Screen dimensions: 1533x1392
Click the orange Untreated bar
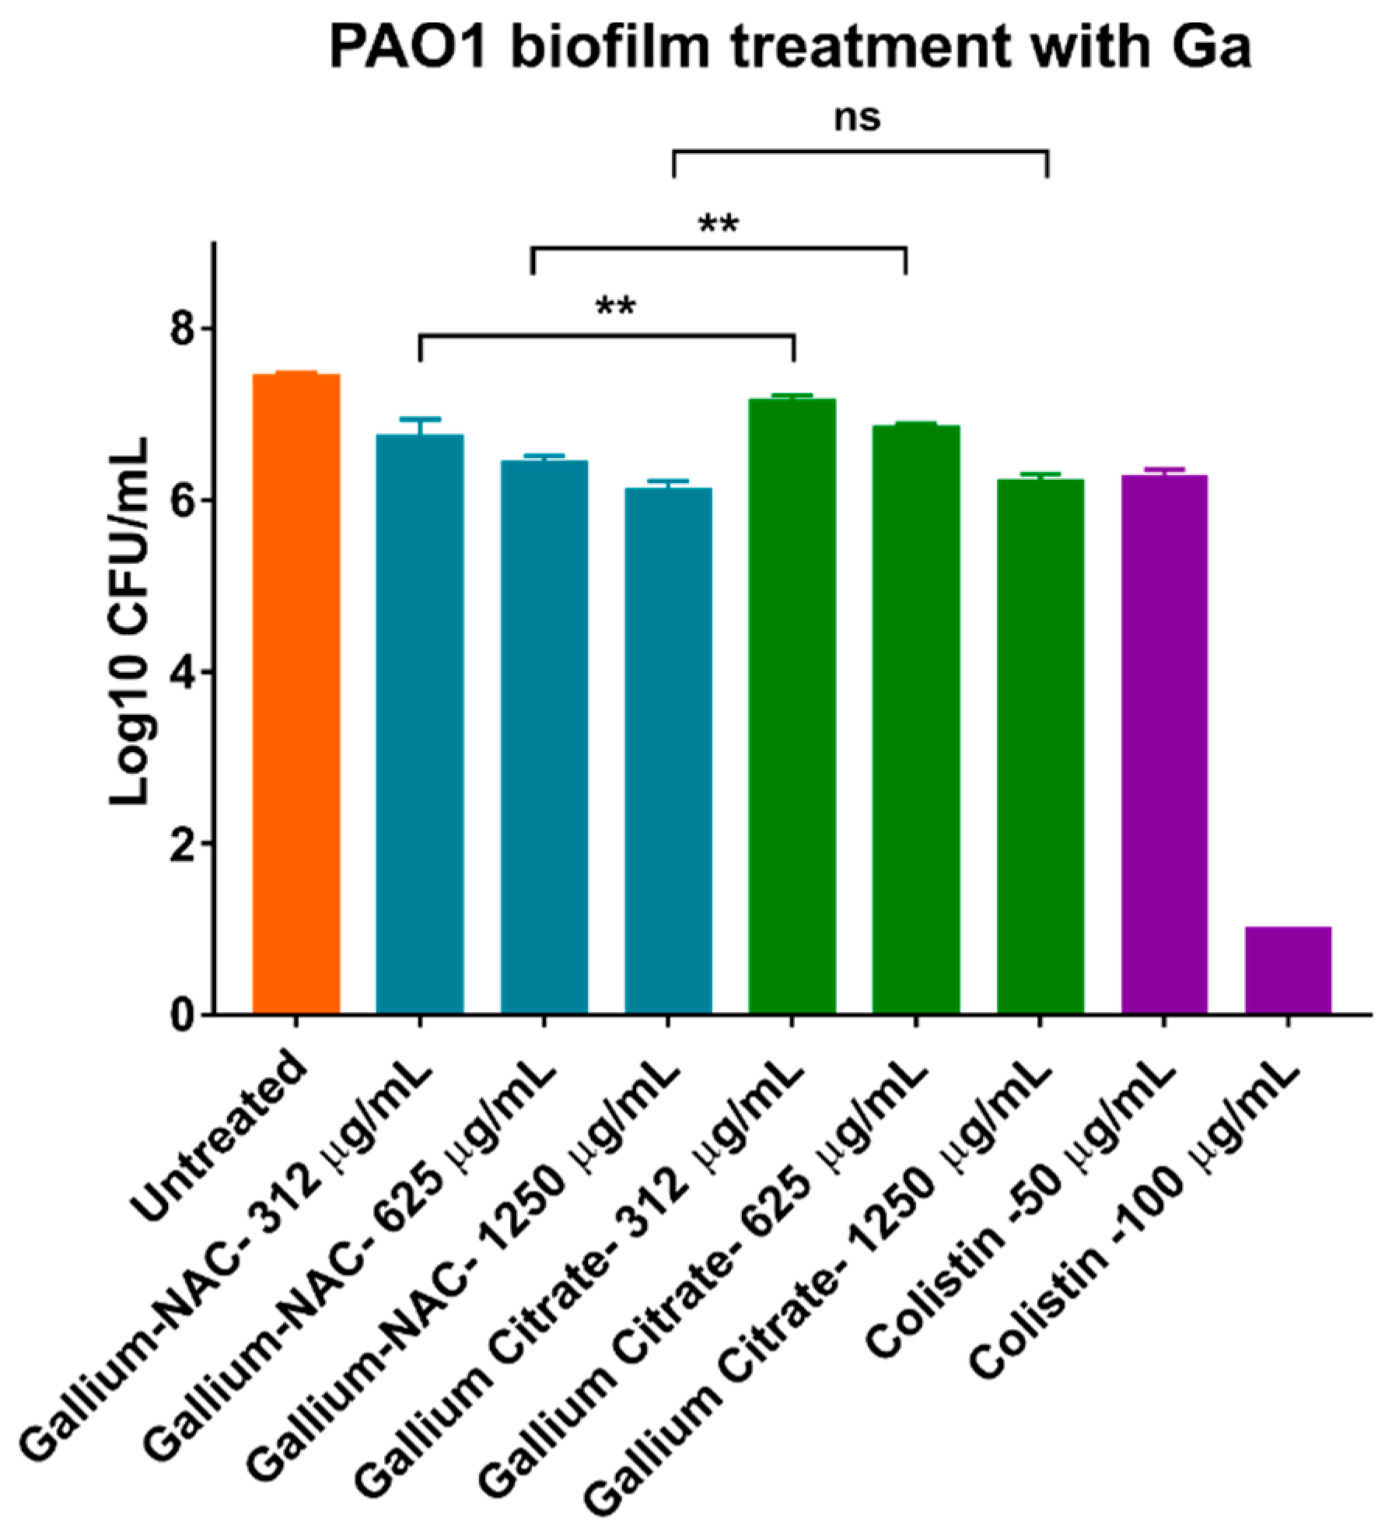[x=296, y=692]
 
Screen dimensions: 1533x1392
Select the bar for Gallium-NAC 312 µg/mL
[x=419, y=723]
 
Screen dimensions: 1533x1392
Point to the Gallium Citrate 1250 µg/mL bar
[x=1040, y=746]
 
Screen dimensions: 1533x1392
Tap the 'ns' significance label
[x=857, y=118]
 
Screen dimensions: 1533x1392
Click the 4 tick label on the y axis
[x=182, y=672]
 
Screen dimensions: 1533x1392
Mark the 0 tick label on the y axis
[x=182, y=1015]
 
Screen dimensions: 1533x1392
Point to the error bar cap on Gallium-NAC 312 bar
[x=419, y=418]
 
